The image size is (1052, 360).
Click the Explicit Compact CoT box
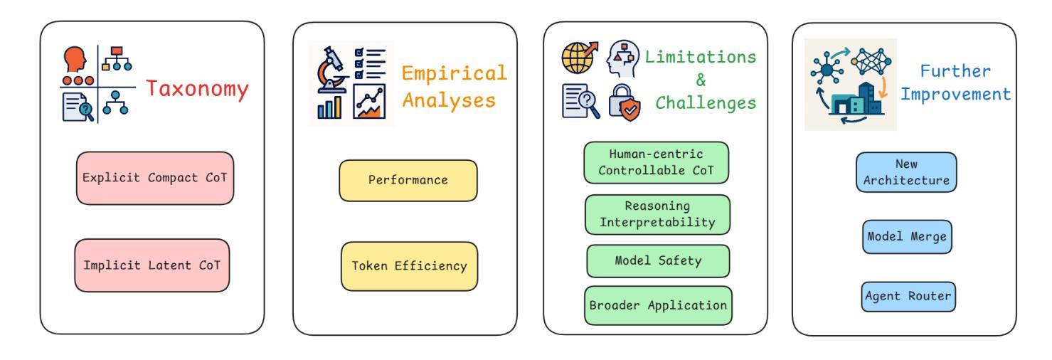(x=155, y=178)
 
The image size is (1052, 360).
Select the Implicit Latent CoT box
(x=152, y=265)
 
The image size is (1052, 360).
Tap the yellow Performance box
(x=408, y=181)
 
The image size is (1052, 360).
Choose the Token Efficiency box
(x=410, y=266)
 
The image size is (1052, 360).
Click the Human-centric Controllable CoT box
(x=656, y=163)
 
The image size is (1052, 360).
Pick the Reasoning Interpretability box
(x=657, y=214)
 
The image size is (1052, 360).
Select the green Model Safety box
(x=658, y=261)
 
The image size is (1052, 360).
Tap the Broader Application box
(x=658, y=305)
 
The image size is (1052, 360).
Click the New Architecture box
(x=906, y=172)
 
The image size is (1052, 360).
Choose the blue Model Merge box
(x=907, y=237)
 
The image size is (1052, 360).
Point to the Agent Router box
(x=908, y=297)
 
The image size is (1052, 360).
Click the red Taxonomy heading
(x=197, y=89)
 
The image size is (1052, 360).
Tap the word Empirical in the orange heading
(x=454, y=74)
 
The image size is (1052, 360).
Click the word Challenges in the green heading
(x=706, y=103)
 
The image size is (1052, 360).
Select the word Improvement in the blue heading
(x=955, y=95)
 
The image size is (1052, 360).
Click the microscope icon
(x=331, y=70)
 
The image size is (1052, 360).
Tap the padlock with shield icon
(x=624, y=102)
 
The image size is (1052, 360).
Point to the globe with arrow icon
(x=580, y=58)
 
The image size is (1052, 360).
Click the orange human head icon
(x=75, y=58)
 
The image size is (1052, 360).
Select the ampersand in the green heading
(x=701, y=80)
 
